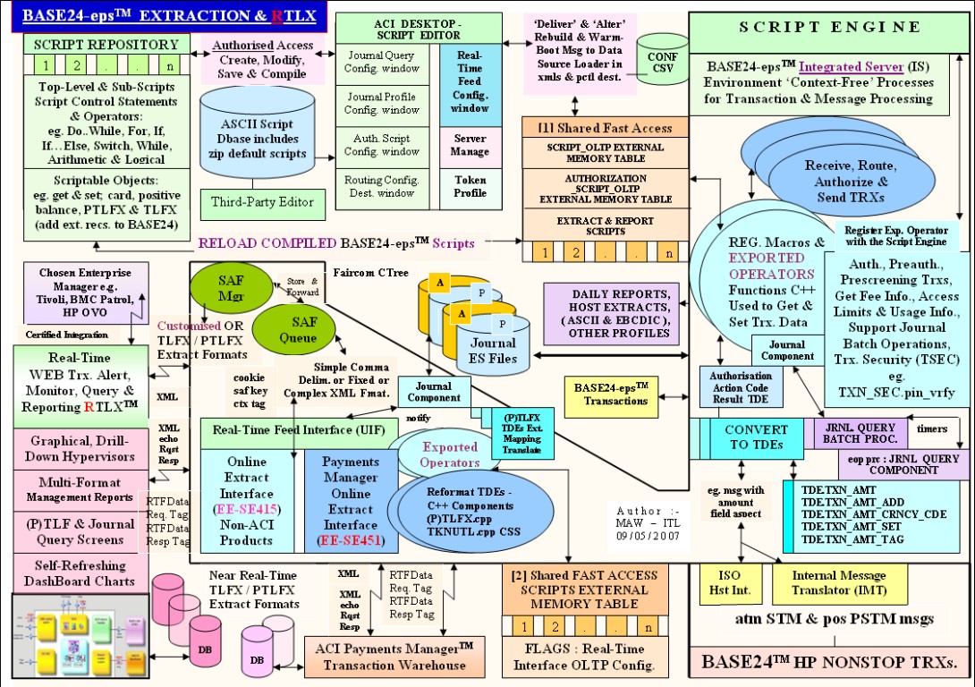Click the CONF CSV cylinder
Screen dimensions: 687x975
click(x=662, y=59)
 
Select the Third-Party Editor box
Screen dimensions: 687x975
click(x=255, y=202)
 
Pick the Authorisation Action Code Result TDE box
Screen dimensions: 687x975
click(x=740, y=386)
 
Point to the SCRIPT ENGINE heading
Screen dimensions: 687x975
click(x=829, y=28)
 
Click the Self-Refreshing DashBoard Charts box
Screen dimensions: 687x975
click(x=72, y=573)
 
